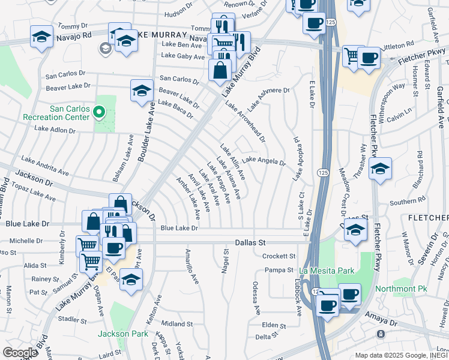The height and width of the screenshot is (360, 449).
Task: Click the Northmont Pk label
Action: pyautogui.click(x=401, y=289)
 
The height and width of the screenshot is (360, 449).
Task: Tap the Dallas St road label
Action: pyautogui.click(x=250, y=243)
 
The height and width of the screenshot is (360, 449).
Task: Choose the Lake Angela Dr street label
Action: pyautogui.click(x=264, y=160)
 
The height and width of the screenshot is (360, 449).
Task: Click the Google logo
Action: pyautogui.click(x=20, y=353)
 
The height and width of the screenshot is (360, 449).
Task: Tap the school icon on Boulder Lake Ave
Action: pyautogui.click(x=142, y=91)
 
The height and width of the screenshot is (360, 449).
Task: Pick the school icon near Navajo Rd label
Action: pyautogui.click(x=41, y=37)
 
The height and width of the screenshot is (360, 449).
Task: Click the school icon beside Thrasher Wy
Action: pyautogui.click(x=380, y=169)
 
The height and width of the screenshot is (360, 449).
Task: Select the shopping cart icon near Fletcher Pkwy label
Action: pyautogui.click(x=353, y=56)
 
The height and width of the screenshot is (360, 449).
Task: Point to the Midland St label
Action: pyautogui.click(x=176, y=324)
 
